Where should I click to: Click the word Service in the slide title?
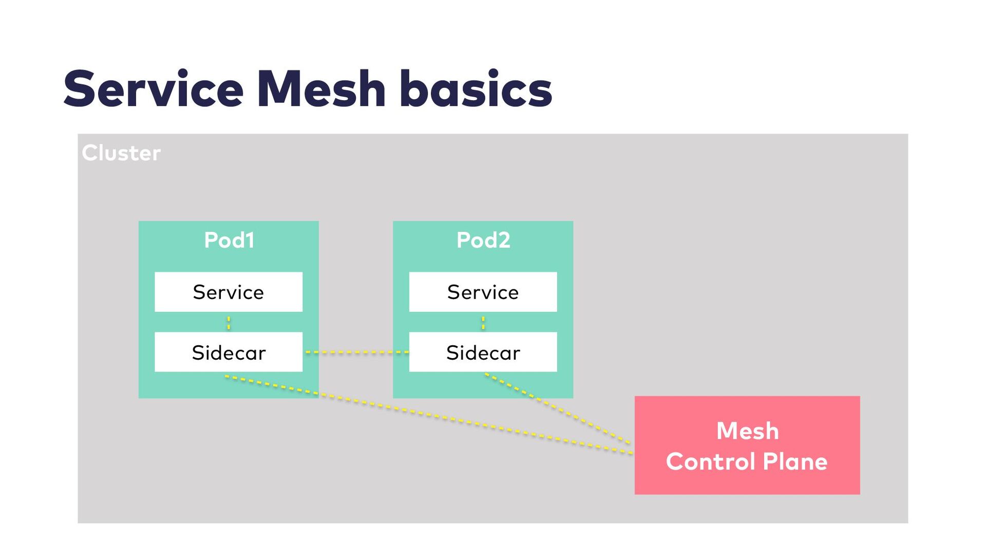(x=154, y=89)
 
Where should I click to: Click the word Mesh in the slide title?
(x=321, y=89)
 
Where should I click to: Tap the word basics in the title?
(x=476, y=88)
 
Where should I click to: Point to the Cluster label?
(x=121, y=153)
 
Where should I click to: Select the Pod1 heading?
(x=229, y=240)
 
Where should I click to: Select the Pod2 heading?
(x=483, y=240)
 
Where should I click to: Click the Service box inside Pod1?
(x=229, y=292)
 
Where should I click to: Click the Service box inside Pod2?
(x=483, y=292)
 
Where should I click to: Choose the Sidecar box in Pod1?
(x=229, y=352)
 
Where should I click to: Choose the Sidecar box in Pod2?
(x=483, y=352)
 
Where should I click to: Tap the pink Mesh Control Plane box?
(x=747, y=445)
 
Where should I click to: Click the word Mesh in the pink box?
(x=747, y=431)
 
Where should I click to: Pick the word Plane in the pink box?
(x=795, y=461)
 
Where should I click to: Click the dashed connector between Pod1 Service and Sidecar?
(x=229, y=322)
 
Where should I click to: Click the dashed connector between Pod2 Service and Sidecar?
(x=483, y=322)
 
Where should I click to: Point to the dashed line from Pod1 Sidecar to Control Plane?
(x=429, y=415)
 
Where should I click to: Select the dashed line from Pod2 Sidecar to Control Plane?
(x=558, y=408)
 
